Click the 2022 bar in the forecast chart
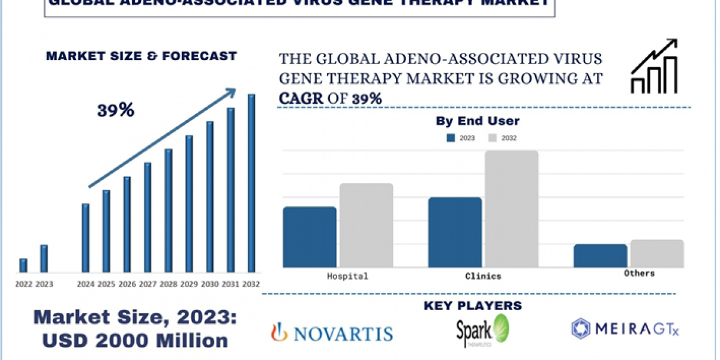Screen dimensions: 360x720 (23, 265)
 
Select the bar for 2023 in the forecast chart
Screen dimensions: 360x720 (44, 259)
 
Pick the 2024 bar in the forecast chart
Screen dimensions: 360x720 (85, 238)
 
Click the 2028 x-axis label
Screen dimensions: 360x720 (168, 284)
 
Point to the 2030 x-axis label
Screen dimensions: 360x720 (209, 284)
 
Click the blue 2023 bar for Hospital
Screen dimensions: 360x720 (310, 237)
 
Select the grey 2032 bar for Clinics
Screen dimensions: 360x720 (512, 209)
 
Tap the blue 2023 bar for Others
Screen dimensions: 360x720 (600, 256)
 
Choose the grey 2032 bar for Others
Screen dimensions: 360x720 (656, 253)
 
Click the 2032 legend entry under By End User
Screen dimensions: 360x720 (501, 138)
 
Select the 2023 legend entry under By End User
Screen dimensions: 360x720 (460, 138)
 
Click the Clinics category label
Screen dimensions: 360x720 (483, 277)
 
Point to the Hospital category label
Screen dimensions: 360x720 (347, 277)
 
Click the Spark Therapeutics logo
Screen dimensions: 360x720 (483, 330)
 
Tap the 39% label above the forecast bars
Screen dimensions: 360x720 (116, 110)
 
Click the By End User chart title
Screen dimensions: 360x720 (478, 121)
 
